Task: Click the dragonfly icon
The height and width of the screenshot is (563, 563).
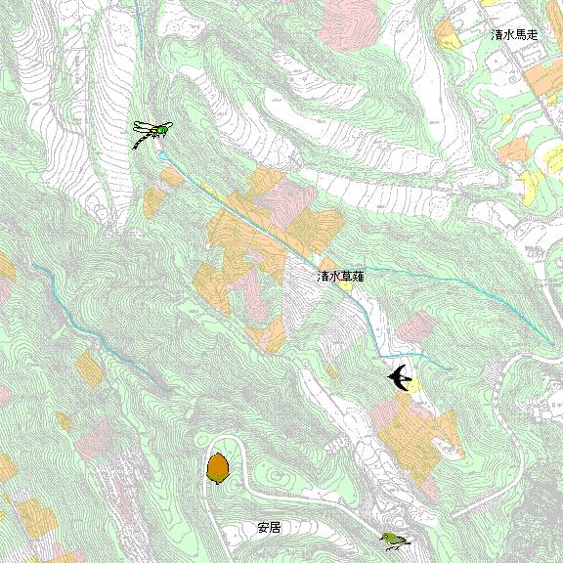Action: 152,132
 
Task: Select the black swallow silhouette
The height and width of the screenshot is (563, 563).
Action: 400,376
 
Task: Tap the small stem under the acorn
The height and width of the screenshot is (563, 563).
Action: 217,483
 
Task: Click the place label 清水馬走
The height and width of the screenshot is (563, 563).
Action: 514,34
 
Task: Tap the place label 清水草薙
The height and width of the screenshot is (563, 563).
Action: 340,277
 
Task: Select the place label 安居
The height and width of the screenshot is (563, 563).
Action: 269,528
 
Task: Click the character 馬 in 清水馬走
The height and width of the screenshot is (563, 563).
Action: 520,34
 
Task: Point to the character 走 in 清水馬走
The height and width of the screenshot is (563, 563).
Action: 532,34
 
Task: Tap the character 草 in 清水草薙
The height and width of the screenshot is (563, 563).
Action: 346,277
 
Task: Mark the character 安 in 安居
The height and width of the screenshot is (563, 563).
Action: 263,528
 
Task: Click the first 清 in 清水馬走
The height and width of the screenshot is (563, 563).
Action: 497,34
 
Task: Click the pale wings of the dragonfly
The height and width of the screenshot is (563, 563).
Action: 147,126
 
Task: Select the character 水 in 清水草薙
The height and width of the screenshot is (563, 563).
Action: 334,277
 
